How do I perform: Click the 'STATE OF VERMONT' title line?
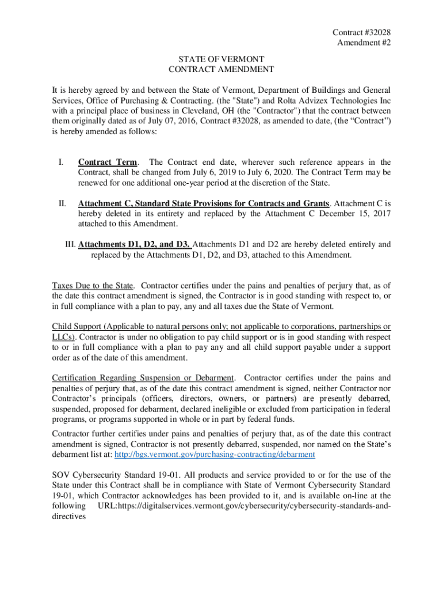(x=221, y=59)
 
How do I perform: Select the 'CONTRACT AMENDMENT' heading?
(x=221, y=70)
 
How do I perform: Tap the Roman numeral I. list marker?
(x=60, y=162)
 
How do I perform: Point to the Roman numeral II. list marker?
(x=62, y=203)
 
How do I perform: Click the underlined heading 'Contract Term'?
(x=108, y=162)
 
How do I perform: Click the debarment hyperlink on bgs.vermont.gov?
(x=215, y=454)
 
